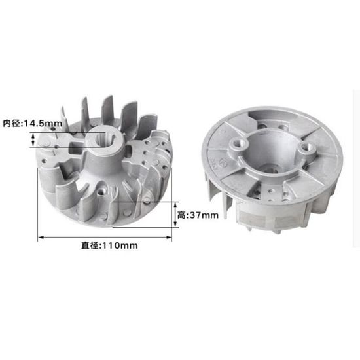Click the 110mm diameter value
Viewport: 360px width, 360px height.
point(119,245)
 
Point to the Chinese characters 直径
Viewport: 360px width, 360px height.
point(90,245)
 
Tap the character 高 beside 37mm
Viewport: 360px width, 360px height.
point(181,215)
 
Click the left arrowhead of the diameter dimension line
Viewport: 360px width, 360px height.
point(41,238)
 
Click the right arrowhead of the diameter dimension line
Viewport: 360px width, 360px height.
point(169,238)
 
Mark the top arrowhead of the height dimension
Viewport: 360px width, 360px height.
point(175,205)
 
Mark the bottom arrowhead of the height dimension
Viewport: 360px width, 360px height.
point(175,225)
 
